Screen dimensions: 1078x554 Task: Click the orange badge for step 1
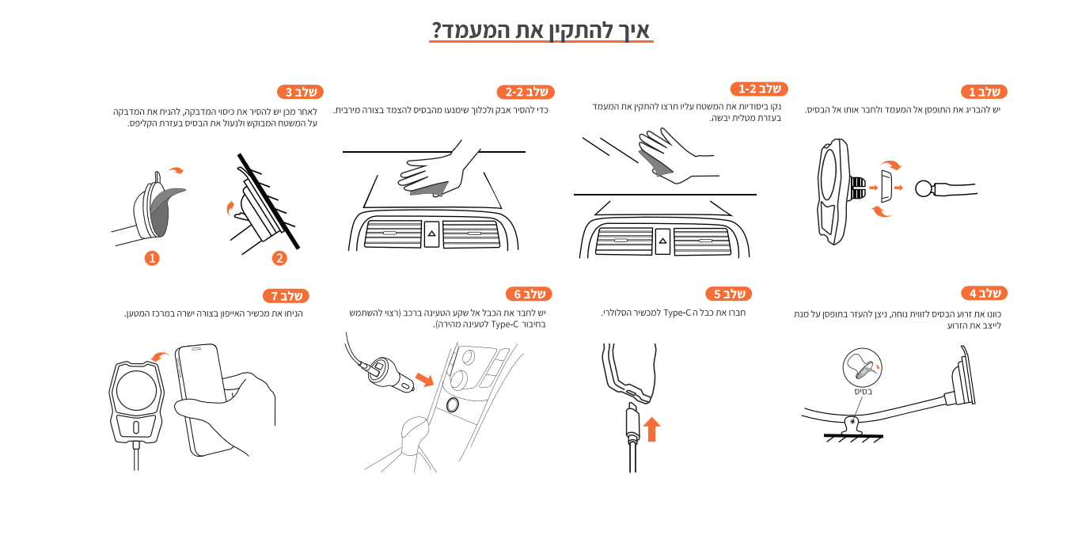pyautogui.click(x=984, y=92)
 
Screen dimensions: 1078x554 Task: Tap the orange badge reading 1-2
pyautogui.click(x=759, y=89)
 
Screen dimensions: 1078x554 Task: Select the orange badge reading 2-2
pyautogui.click(x=526, y=92)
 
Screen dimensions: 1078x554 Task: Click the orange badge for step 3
pyautogui.click(x=300, y=92)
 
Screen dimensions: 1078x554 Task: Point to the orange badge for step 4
pyautogui.click(x=984, y=293)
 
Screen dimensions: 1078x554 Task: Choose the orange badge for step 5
pyautogui.click(x=729, y=294)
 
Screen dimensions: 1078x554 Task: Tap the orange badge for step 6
pyautogui.click(x=529, y=294)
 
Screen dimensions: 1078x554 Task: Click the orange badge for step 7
pyautogui.click(x=286, y=295)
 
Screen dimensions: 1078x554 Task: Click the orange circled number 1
pyautogui.click(x=152, y=259)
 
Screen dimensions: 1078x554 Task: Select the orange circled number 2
pyautogui.click(x=279, y=259)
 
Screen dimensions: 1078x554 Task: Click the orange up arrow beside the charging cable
pyautogui.click(x=651, y=429)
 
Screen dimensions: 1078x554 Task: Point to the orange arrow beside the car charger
pyautogui.click(x=424, y=379)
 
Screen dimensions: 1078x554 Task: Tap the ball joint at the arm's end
pyautogui.click(x=924, y=188)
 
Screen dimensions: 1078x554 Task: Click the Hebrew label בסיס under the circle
pyautogui.click(x=864, y=392)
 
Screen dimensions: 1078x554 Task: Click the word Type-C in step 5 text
pyautogui.click(x=678, y=313)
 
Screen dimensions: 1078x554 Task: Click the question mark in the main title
pyautogui.click(x=436, y=30)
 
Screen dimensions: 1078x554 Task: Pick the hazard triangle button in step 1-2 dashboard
pyautogui.click(x=662, y=241)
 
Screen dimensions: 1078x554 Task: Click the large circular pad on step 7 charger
pyautogui.click(x=136, y=390)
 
